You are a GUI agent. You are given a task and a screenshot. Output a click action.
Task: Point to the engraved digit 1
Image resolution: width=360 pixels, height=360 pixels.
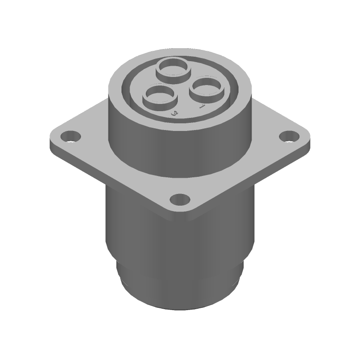pos(202,106)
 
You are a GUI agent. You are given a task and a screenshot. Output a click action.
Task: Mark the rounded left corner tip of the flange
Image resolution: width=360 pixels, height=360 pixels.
pos(52,137)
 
